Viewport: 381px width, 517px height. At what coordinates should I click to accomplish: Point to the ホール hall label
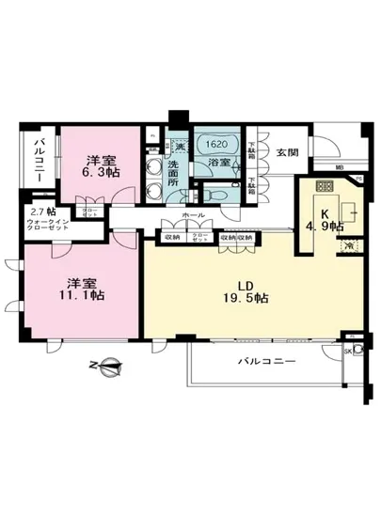tap(196, 215)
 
